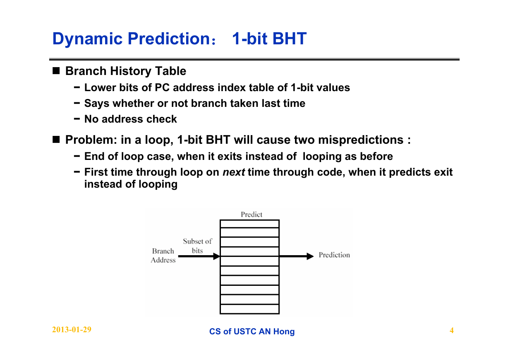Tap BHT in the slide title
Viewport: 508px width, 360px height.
pos(290,39)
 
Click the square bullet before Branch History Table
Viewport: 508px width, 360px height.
pos(56,71)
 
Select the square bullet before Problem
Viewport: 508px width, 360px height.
pos(56,139)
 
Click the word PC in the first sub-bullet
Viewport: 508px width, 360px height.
pos(162,87)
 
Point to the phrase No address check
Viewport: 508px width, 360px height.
pos(130,119)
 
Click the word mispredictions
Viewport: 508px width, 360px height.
pos(361,140)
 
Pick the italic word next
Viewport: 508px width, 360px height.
pos(234,172)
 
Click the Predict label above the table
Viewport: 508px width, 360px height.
pos(252,215)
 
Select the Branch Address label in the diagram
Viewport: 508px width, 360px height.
pos(163,256)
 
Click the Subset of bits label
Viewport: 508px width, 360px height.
pos(197,246)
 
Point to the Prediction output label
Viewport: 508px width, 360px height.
pos(334,255)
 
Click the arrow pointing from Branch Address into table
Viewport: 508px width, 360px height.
pos(199,256)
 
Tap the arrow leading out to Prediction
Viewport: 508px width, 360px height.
pos(297,256)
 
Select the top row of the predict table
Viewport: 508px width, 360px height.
pos(249,224)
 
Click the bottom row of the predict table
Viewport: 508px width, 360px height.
pos(249,309)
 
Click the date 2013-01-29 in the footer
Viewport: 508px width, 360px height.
pos(72,330)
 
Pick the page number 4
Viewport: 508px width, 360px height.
pos(451,330)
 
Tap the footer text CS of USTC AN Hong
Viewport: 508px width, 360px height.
pos(252,331)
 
